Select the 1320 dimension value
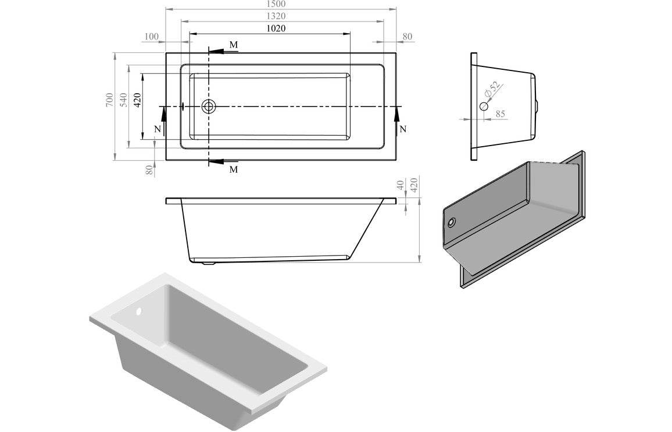click(281, 16)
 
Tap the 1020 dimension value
click(276, 28)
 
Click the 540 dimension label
click(123, 100)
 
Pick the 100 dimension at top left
click(151, 37)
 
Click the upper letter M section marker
click(233, 45)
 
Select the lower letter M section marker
click(233, 169)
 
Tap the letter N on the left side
click(156, 129)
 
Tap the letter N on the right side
click(403, 129)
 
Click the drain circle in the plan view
click(209, 107)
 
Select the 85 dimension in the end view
click(500, 114)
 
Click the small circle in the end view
click(484, 107)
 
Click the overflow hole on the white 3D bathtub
click(139, 311)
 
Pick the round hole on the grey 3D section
click(452, 222)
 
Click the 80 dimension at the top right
click(408, 37)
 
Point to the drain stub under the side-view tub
click(208, 265)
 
